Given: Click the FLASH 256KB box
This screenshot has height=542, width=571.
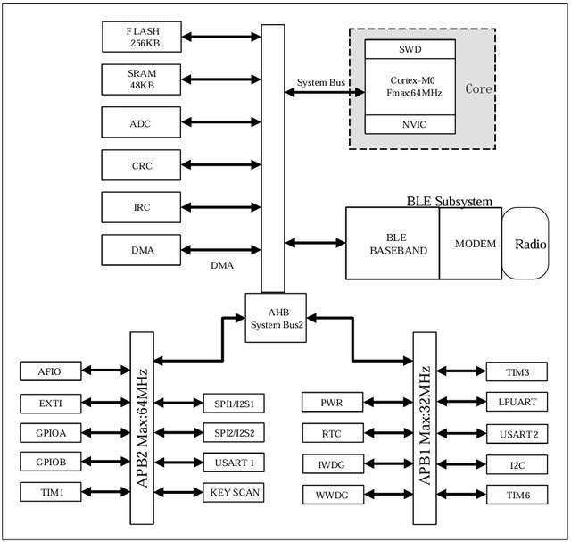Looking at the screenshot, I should click(x=142, y=37).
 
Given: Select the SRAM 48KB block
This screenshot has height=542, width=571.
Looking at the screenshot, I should click(x=142, y=79).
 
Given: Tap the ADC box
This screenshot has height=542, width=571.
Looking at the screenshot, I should click(x=142, y=122).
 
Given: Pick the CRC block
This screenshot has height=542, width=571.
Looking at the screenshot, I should click(x=142, y=165).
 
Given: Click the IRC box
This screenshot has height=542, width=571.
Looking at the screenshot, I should click(x=142, y=207).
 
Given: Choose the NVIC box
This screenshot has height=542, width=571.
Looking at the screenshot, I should click(x=411, y=124).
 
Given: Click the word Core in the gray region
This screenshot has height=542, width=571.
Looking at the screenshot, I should click(x=479, y=88).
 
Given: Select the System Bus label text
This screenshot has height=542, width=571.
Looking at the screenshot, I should click(x=322, y=83).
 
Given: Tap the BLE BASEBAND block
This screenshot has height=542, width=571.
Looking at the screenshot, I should click(x=393, y=244).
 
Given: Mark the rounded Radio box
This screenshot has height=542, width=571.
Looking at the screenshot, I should click(x=525, y=244).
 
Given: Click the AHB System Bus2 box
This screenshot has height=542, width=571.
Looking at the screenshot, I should click(x=276, y=317).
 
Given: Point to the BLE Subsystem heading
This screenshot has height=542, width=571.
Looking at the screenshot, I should click(x=449, y=201).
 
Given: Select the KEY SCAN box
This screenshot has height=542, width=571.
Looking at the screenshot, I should click(x=234, y=491).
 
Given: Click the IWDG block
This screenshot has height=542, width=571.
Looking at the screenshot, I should click(x=332, y=464).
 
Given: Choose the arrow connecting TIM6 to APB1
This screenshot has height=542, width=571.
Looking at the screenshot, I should click(x=460, y=495).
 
